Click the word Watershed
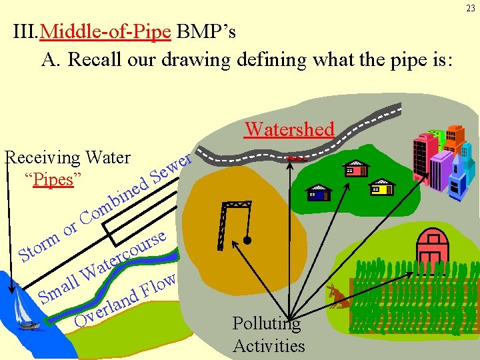(289, 129)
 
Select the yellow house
(381, 187)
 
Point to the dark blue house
(320, 193)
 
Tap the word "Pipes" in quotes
(53, 180)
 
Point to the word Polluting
(267, 324)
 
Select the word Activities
(269, 346)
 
